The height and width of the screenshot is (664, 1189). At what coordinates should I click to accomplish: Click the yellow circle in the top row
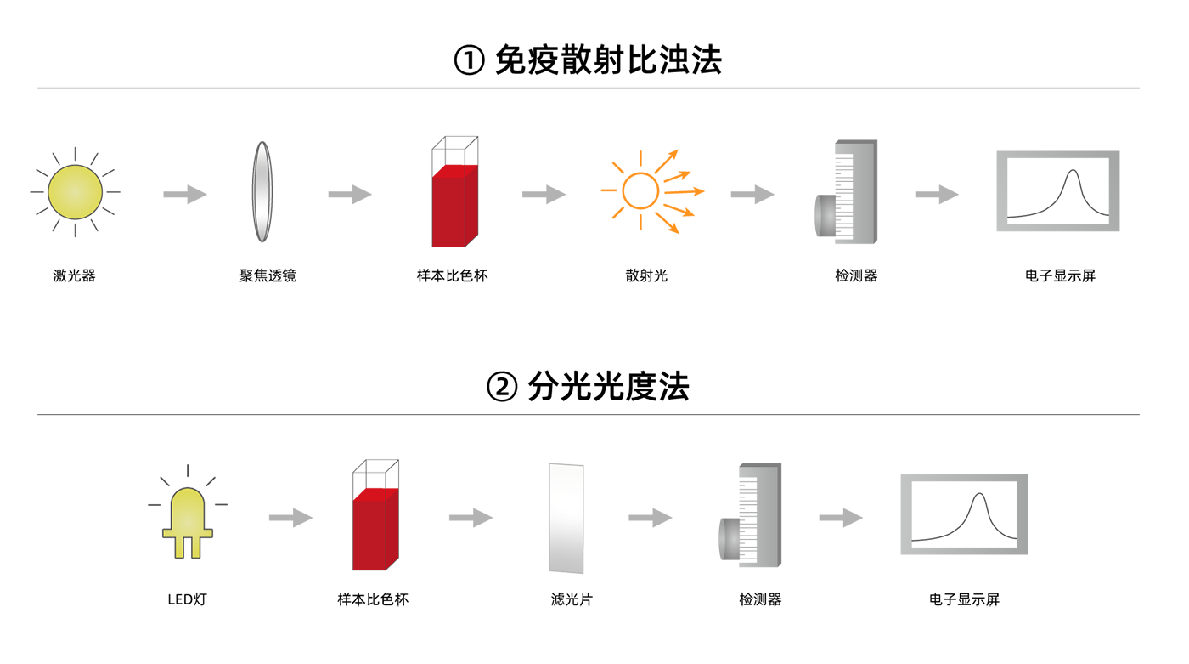point(75,194)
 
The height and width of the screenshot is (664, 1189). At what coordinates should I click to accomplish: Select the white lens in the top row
point(263,194)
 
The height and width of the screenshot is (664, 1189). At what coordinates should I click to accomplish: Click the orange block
point(645,191)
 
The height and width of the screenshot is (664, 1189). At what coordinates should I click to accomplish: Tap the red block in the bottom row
point(375,527)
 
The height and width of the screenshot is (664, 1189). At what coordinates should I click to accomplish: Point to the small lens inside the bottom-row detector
point(728,536)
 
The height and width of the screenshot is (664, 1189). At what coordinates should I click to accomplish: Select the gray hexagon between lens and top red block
point(350,196)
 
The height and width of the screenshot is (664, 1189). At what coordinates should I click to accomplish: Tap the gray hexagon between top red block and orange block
point(538,196)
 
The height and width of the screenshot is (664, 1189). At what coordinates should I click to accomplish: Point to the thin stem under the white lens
point(263,247)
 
